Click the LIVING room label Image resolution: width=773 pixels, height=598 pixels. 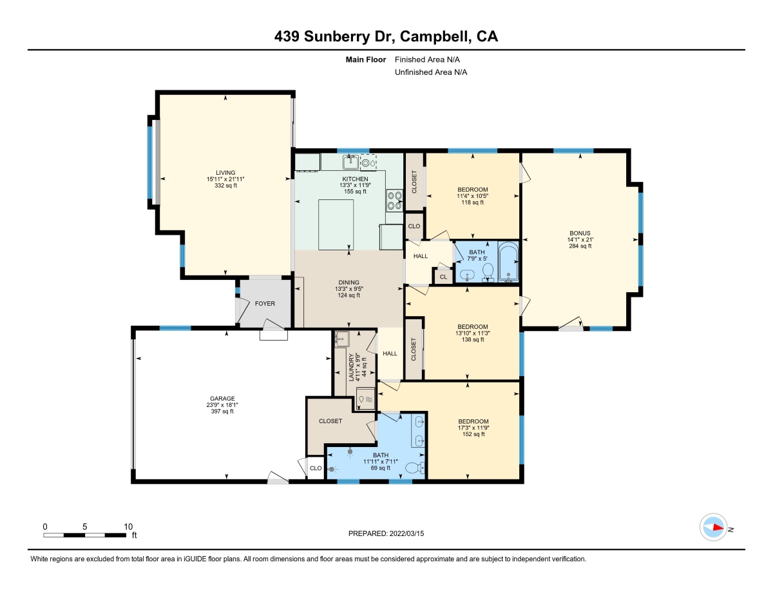pos(225,173)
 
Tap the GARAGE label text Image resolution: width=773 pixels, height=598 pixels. pos(222,399)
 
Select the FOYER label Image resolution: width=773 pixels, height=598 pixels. pos(265,303)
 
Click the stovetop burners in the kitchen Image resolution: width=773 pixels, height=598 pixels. pos(394,201)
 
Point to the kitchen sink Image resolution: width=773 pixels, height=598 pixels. pos(350,162)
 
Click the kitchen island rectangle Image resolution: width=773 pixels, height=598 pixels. pos(336,224)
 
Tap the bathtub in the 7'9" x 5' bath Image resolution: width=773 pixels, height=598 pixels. pos(508,262)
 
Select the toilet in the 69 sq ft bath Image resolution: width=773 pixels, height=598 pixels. pos(415,468)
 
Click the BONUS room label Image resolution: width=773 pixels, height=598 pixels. pos(580,234)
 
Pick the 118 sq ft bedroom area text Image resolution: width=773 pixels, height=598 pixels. pos(472,203)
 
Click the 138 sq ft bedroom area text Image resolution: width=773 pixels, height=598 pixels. pos(473,339)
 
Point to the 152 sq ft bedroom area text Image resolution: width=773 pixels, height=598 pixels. pos(473,434)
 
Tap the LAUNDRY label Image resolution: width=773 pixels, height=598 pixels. pos(352,367)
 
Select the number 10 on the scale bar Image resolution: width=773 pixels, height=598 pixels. pos(128,526)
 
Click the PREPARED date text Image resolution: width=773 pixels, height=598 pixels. pos(386,533)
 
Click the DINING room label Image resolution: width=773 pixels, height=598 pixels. pos(348,283)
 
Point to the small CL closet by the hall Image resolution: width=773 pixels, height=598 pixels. pos(443,277)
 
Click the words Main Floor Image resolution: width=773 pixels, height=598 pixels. pos(366,59)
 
